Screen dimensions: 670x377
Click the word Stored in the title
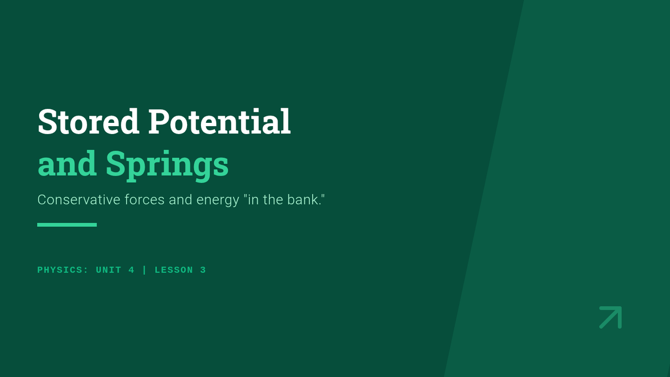(89, 121)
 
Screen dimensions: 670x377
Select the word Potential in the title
(219, 121)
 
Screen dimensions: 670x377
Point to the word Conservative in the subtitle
(79, 199)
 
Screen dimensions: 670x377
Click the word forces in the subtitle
(145, 199)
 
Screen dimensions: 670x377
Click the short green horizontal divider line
(67, 225)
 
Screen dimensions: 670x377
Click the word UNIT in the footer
(108, 270)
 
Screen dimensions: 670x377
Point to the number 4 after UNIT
(131, 270)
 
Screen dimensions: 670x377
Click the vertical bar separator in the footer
(145, 270)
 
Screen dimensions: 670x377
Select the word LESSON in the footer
(174, 270)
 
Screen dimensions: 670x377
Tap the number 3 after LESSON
(203, 270)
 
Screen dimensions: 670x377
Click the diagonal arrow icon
(610, 317)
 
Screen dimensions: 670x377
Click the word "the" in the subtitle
(273, 199)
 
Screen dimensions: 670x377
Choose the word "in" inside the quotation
(253, 199)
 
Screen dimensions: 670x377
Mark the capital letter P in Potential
(158, 121)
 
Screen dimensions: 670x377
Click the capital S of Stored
(47, 121)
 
